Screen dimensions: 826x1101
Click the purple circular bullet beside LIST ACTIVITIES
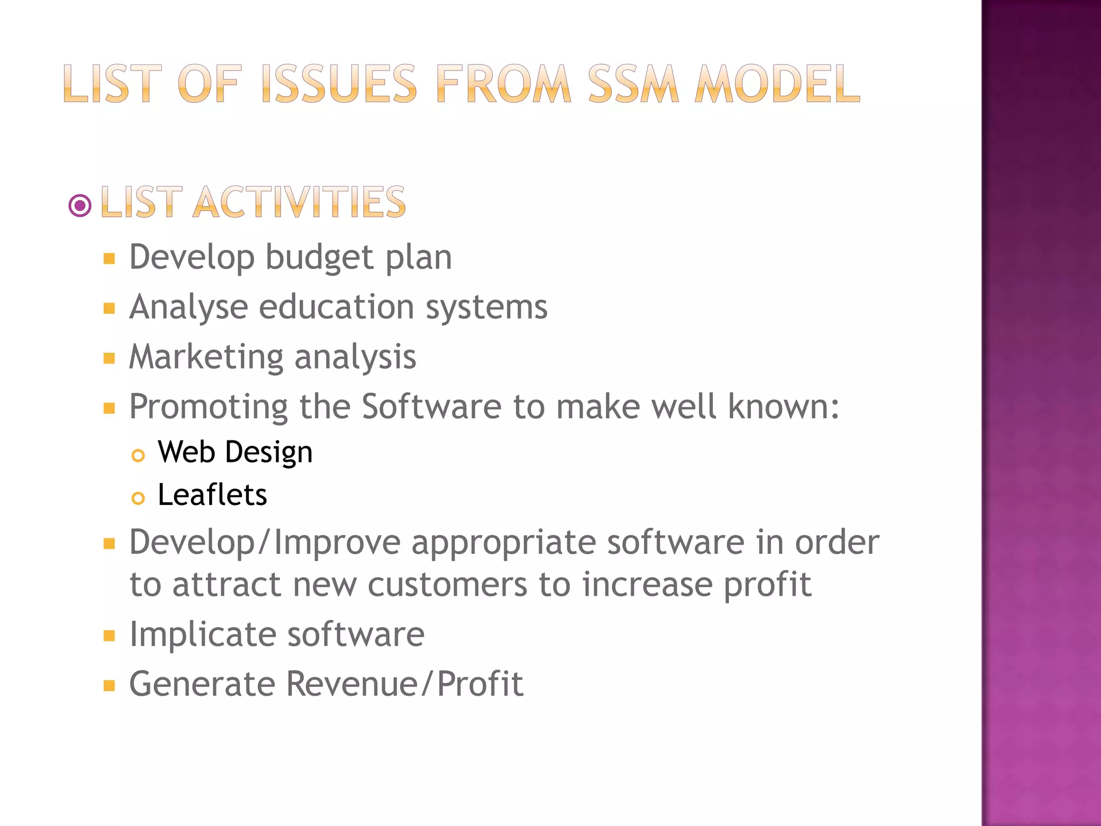tap(80, 205)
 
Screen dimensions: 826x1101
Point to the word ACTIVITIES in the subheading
tap(299, 202)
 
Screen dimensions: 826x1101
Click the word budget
tap(320, 257)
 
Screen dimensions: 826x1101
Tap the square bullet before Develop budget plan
tap(110, 259)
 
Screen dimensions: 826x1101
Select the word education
tap(337, 307)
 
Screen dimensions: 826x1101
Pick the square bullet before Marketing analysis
tap(110, 359)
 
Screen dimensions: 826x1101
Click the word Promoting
tap(209, 407)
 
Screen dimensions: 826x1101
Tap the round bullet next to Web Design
tap(138, 456)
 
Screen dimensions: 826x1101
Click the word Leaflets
tap(212, 495)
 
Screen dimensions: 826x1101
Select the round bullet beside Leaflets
tap(138, 499)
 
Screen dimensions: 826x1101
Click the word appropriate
tap(504, 543)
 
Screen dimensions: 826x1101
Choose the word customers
tap(447, 585)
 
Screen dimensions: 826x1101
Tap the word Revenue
tap(352, 684)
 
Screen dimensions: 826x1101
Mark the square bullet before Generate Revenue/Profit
tap(110, 686)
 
